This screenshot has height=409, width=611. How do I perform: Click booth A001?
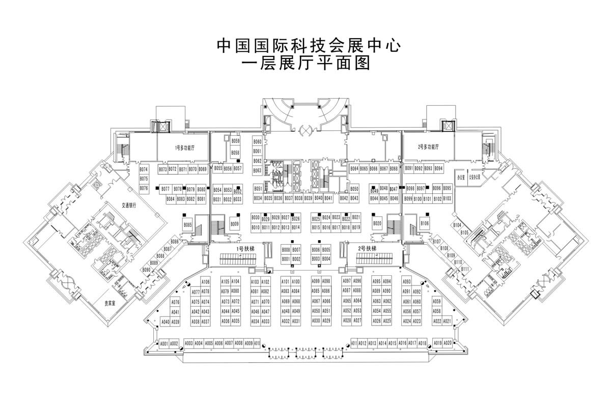coord(164,343)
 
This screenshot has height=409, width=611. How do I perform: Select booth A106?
coord(205,281)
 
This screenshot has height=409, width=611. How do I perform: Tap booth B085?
coord(188,225)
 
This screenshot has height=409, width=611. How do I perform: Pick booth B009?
coord(235,224)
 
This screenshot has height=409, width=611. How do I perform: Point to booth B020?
coord(377,223)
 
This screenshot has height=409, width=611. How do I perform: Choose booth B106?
coord(425,223)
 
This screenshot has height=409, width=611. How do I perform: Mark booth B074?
coord(144,169)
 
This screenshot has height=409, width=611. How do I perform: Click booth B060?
coord(257,142)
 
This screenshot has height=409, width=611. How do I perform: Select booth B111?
coord(465,269)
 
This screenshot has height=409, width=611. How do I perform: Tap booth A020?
coord(448,343)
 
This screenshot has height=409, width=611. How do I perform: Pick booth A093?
coord(407,281)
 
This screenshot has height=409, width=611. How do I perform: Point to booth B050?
coord(354,189)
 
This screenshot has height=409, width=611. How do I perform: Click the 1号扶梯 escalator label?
coord(242,249)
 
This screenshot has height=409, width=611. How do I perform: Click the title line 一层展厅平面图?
coord(305,64)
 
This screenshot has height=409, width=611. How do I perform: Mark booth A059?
coord(437,301)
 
